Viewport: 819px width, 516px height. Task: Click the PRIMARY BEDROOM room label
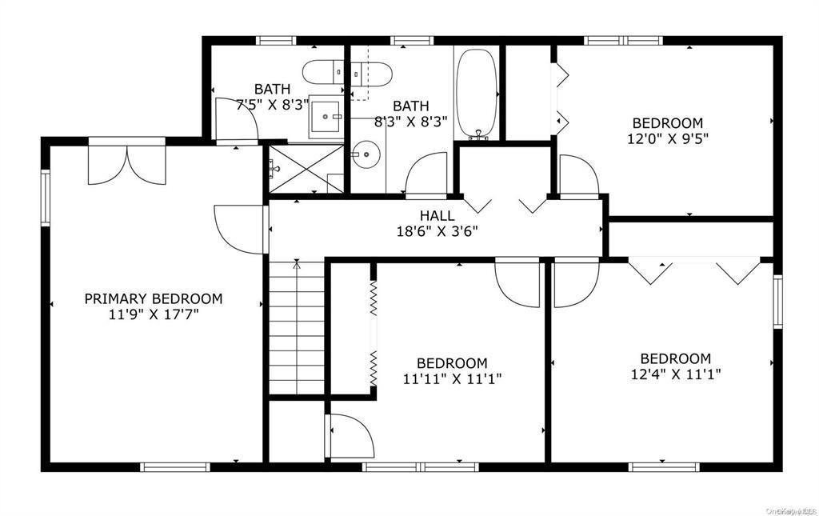[x=154, y=298]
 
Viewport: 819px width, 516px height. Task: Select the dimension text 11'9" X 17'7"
[x=154, y=314]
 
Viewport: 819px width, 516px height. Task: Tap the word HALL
[x=437, y=215]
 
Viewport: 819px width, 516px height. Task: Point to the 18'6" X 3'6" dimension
[x=437, y=231]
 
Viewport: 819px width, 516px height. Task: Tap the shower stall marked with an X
[x=306, y=169]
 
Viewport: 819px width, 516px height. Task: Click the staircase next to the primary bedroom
[x=296, y=328]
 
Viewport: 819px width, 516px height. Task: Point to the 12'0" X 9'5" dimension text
[x=668, y=138]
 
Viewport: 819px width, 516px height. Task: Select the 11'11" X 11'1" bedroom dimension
[x=452, y=378]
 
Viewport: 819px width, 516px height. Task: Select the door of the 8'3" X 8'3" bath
[x=425, y=174]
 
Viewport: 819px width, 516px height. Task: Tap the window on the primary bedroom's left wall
[x=46, y=197]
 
